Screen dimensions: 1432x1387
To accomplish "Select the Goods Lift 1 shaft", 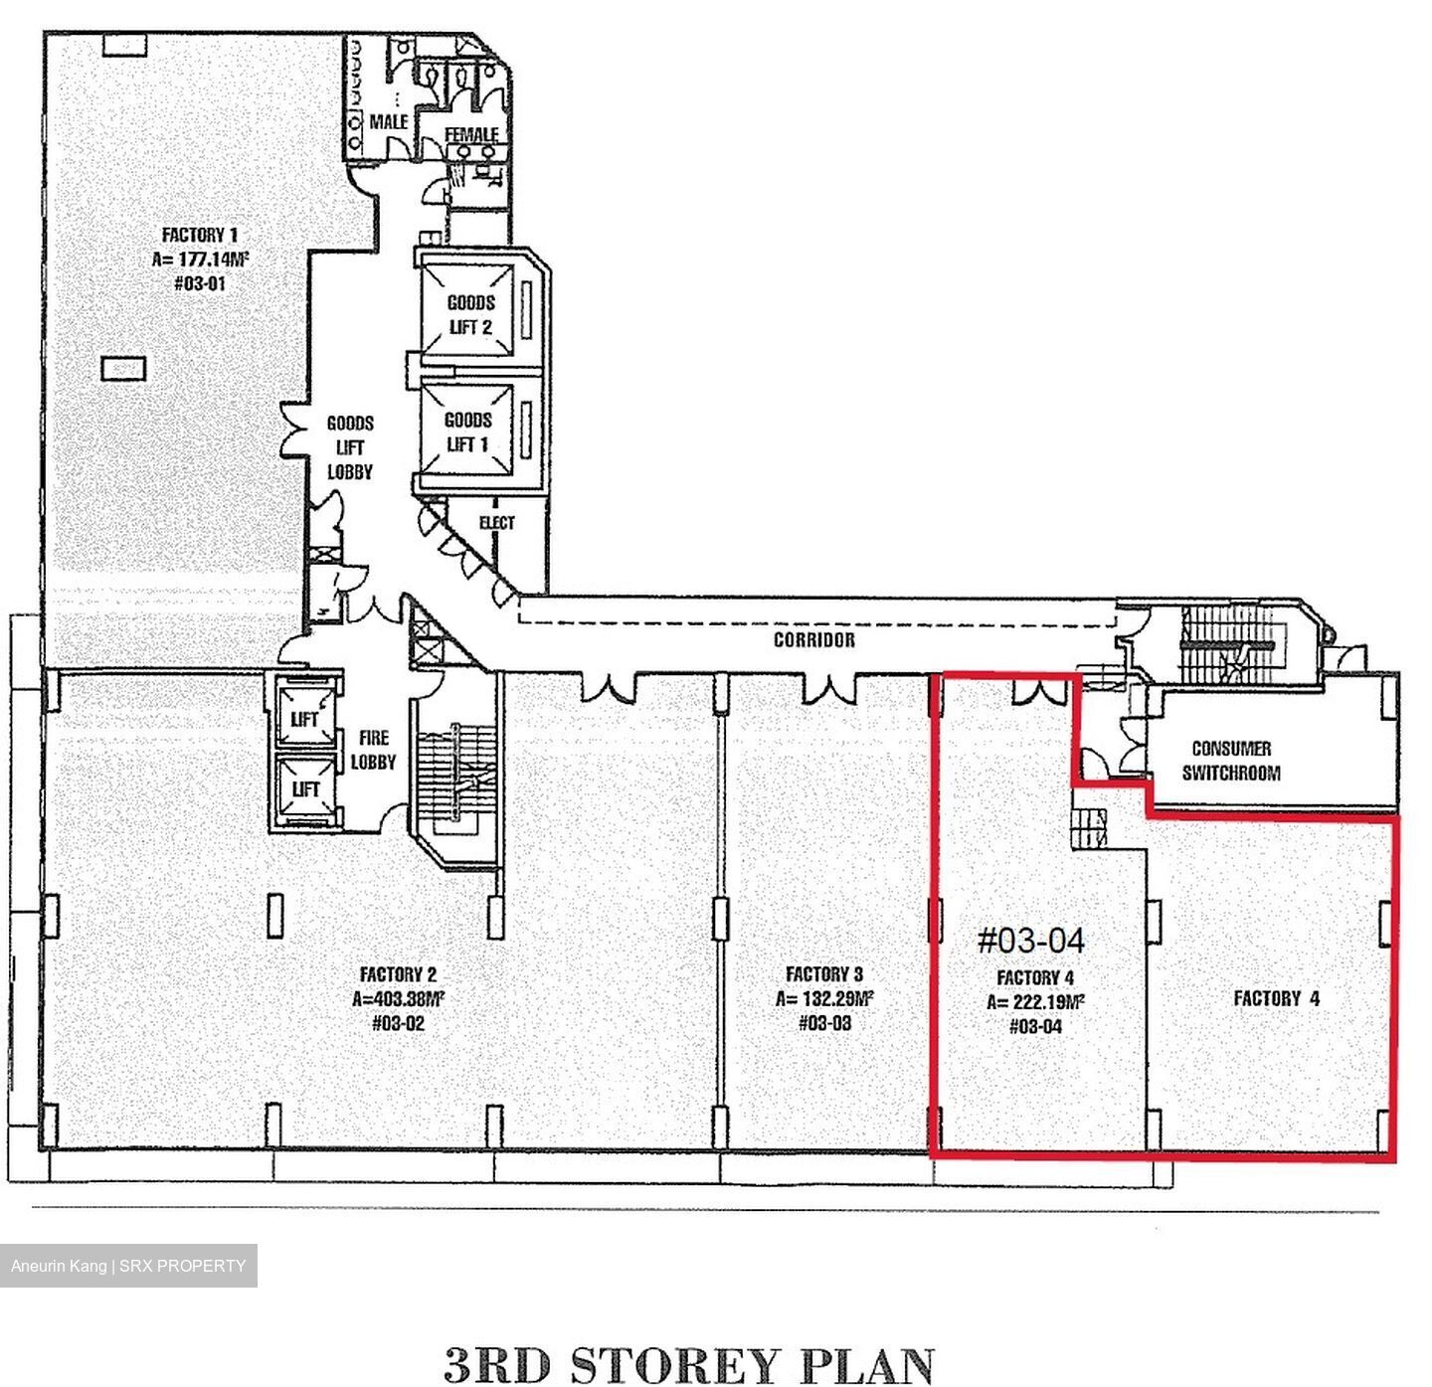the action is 467,432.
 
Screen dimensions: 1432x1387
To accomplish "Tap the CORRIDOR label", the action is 813,639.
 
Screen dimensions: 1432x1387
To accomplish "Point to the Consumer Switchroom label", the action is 1231,760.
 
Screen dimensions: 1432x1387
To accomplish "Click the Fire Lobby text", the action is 373,749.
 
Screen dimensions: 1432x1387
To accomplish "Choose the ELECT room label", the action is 496,522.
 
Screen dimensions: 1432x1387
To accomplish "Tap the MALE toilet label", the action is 389,121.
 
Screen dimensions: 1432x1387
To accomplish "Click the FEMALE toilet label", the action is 471,134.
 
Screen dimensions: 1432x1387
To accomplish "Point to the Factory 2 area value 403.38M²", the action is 398,998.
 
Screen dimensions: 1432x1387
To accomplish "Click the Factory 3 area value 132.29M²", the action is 824,998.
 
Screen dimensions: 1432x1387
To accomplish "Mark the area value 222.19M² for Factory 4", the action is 1035,1001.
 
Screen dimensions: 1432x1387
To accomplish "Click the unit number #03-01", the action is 200,283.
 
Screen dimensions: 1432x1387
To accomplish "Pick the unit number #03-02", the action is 398,1023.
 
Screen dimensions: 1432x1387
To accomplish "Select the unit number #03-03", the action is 825,1022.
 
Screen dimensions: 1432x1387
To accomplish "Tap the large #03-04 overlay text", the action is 1031,940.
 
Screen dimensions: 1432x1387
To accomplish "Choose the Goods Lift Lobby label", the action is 349,447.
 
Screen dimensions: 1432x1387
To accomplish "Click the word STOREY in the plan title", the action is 673,1365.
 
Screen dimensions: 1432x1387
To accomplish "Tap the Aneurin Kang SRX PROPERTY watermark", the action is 128,1266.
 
